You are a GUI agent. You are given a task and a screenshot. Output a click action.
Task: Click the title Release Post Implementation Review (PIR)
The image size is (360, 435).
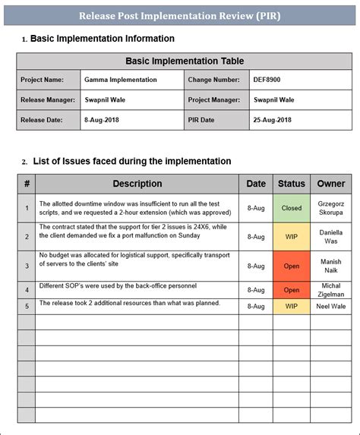click(x=179, y=15)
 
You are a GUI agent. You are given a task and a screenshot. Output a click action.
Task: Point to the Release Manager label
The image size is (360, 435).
click(x=47, y=99)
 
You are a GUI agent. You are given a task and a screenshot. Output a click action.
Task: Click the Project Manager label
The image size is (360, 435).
click(x=216, y=99)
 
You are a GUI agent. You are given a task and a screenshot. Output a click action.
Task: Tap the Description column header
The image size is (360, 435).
click(x=137, y=184)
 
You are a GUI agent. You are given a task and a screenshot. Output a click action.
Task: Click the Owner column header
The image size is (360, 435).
click(x=330, y=184)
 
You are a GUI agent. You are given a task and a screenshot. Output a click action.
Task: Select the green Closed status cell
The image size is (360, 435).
click(x=292, y=208)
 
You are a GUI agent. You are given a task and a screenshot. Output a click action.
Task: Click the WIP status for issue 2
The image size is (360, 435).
click(x=292, y=237)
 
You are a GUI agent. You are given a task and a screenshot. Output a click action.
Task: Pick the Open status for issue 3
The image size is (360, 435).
click(x=292, y=266)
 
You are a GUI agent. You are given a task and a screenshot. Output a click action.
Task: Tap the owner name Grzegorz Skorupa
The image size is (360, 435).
click(x=330, y=208)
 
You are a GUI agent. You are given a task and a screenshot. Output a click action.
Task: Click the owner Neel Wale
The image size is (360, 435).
click(x=330, y=306)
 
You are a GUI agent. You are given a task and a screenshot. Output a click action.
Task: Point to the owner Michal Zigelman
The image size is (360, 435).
click(x=330, y=289)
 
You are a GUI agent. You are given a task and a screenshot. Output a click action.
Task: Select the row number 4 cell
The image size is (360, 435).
click(x=27, y=289)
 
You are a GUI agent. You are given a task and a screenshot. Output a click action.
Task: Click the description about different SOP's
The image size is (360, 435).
click(x=118, y=285)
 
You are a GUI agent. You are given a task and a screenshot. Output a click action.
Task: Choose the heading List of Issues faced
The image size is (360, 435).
click(x=130, y=161)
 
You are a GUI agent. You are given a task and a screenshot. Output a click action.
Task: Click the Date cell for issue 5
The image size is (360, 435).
click(x=256, y=306)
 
